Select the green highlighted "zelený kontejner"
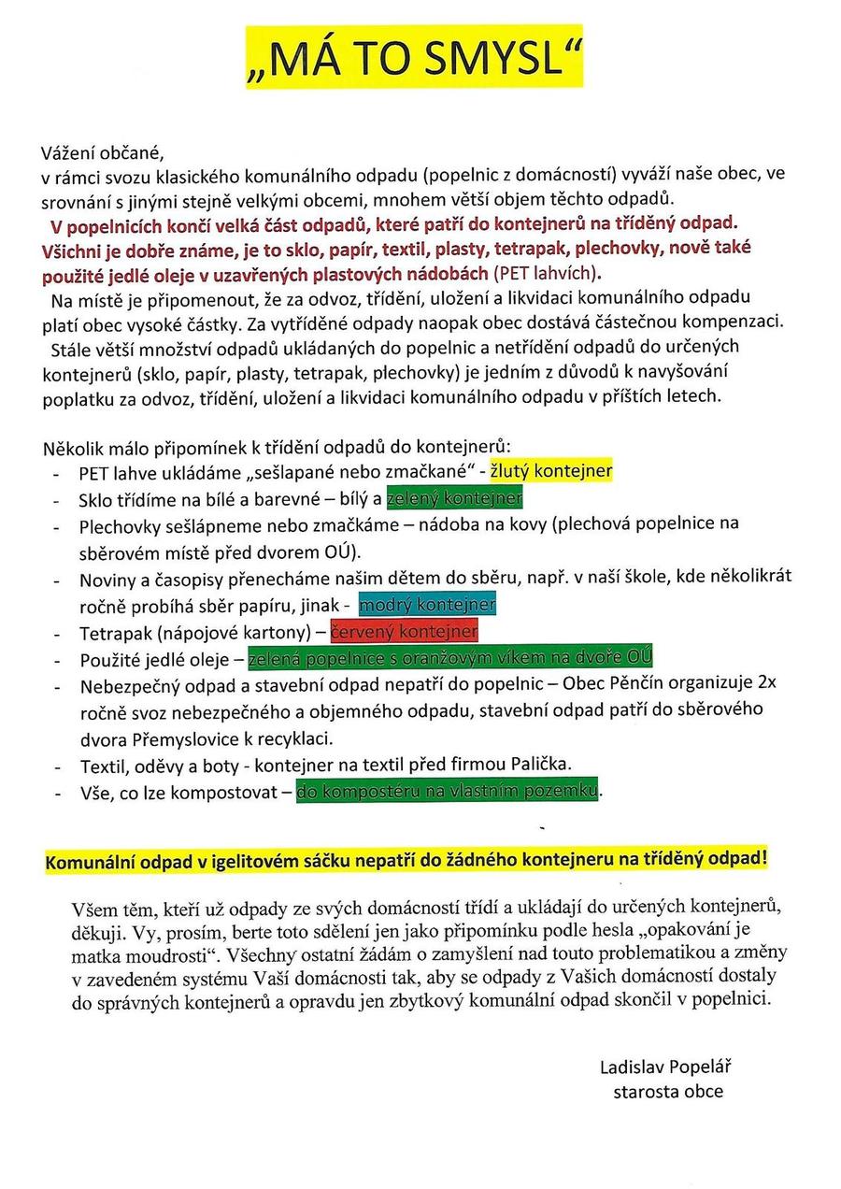click(454, 497)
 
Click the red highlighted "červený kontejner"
click(404, 630)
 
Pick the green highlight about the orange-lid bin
click(449, 657)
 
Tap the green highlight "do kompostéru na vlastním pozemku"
click(447, 792)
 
